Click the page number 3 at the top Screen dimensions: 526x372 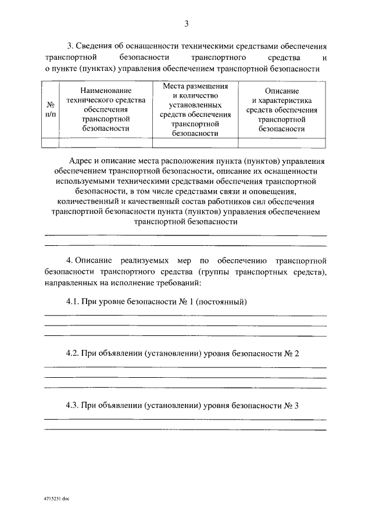[x=186, y=24]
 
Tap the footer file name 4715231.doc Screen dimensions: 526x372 [x=56, y=499]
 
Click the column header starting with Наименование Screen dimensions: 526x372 [x=106, y=110]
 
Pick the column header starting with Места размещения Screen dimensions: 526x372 [x=195, y=110]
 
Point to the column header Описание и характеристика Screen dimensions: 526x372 [x=282, y=110]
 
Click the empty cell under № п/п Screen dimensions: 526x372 [x=51, y=142]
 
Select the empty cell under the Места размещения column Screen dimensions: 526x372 [x=195, y=142]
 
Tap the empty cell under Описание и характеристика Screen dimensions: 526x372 [x=282, y=142]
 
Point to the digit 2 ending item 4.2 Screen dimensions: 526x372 [x=296, y=354]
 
